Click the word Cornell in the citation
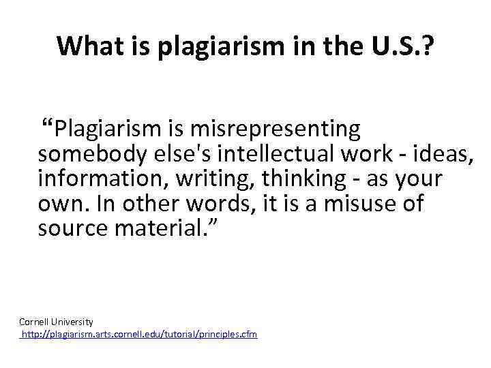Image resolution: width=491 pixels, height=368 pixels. coord(32,321)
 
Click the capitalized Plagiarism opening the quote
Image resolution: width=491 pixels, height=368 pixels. coord(106,127)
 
